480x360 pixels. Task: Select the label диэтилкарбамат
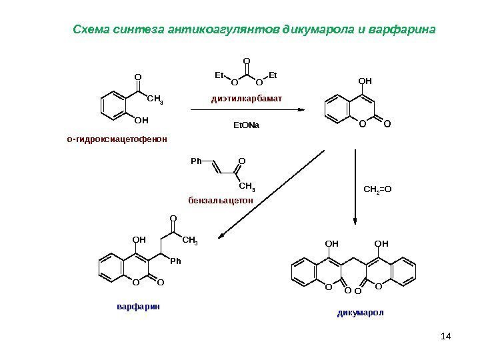point(247,99)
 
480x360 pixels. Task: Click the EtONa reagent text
point(246,125)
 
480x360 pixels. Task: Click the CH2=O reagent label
point(378,189)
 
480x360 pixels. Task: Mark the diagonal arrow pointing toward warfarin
point(273,193)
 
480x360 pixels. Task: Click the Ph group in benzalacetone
point(195,161)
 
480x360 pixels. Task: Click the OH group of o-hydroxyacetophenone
point(141,121)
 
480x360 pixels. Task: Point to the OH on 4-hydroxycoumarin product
point(365,81)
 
